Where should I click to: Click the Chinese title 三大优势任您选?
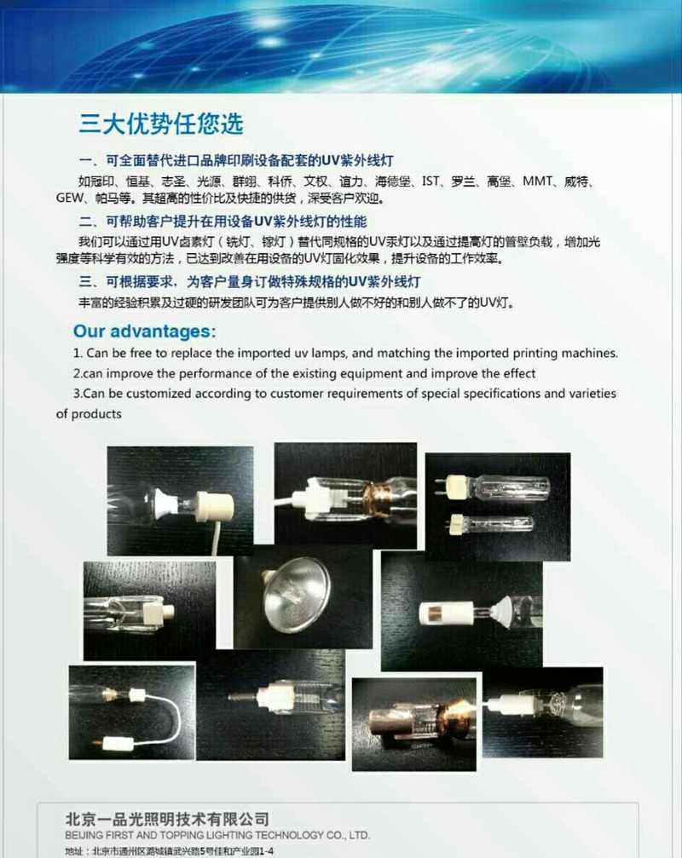(161, 124)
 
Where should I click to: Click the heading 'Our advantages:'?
(145, 331)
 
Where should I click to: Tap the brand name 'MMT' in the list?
(537, 181)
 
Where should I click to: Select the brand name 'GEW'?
(70, 198)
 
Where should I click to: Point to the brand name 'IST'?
(431, 181)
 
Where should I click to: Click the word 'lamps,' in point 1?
(329, 354)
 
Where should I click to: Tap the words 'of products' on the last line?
(89, 414)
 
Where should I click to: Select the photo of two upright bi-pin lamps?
(498, 506)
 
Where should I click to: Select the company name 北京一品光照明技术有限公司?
(167, 819)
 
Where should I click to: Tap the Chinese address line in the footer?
(169, 851)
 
